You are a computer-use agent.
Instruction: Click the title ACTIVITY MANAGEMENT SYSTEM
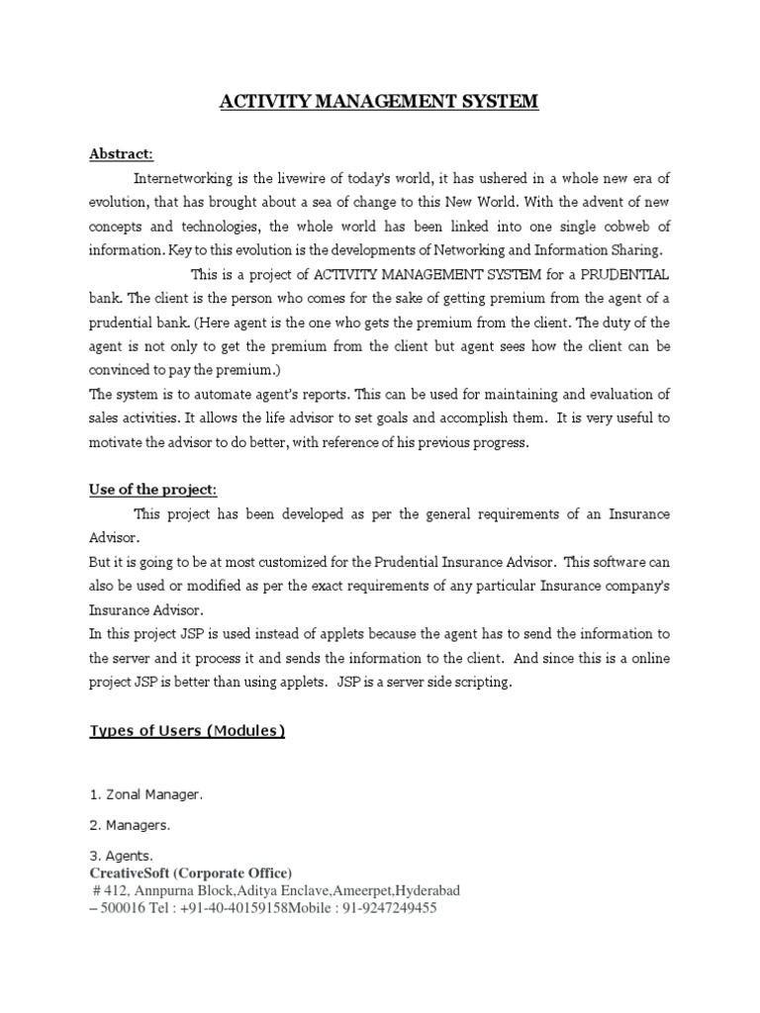tap(380, 101)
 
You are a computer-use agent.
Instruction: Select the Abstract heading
tap(122, 154)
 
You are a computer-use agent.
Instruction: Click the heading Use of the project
tap(153, 490)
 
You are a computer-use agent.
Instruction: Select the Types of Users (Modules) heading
tap(188, 731)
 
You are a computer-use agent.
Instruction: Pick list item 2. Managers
tap(131, 823)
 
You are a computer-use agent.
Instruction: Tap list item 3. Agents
tap(122, 855)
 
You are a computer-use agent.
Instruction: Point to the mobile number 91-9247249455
tap(390, 907)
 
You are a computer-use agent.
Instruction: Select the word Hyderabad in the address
tap(423, 890)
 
